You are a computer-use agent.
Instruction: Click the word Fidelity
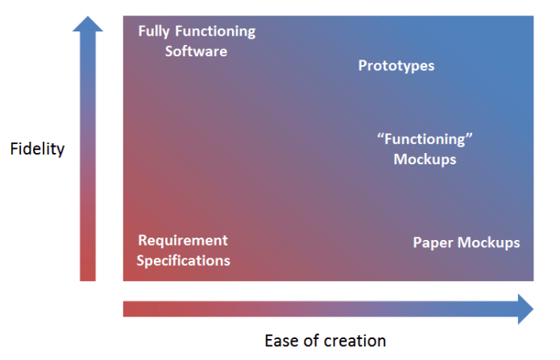point(37,149)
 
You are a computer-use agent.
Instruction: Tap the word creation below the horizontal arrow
point(357,341)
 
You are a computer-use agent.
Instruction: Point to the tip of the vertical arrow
point(88,18)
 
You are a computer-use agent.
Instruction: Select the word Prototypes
point(396,65)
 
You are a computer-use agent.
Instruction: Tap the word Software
point(197,51)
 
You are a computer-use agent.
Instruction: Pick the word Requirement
point(183,241)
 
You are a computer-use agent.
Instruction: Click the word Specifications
point(183,260)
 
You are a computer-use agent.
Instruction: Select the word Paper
point(432,242)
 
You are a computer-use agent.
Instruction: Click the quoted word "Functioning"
point(425,139)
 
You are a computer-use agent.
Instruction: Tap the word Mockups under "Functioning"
point(425,159)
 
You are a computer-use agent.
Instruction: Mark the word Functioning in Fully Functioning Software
point(215,32)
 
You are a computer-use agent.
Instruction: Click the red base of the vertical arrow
point(88,270)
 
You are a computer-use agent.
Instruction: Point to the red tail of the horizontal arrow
point(133,309)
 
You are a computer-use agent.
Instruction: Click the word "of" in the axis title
point(313,341)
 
